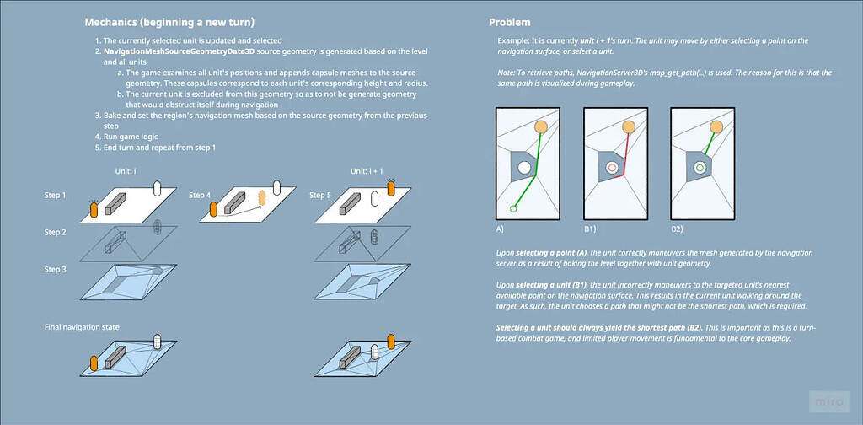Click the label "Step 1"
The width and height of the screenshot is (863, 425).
click(55, 195)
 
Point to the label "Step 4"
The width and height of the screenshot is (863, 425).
click(200, 195)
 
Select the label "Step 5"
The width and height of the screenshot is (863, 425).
click(320, 195)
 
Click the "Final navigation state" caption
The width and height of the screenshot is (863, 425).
click(82, 325)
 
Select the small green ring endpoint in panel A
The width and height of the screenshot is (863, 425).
click(512, 208)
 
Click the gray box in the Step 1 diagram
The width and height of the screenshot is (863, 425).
click(116, 202)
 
